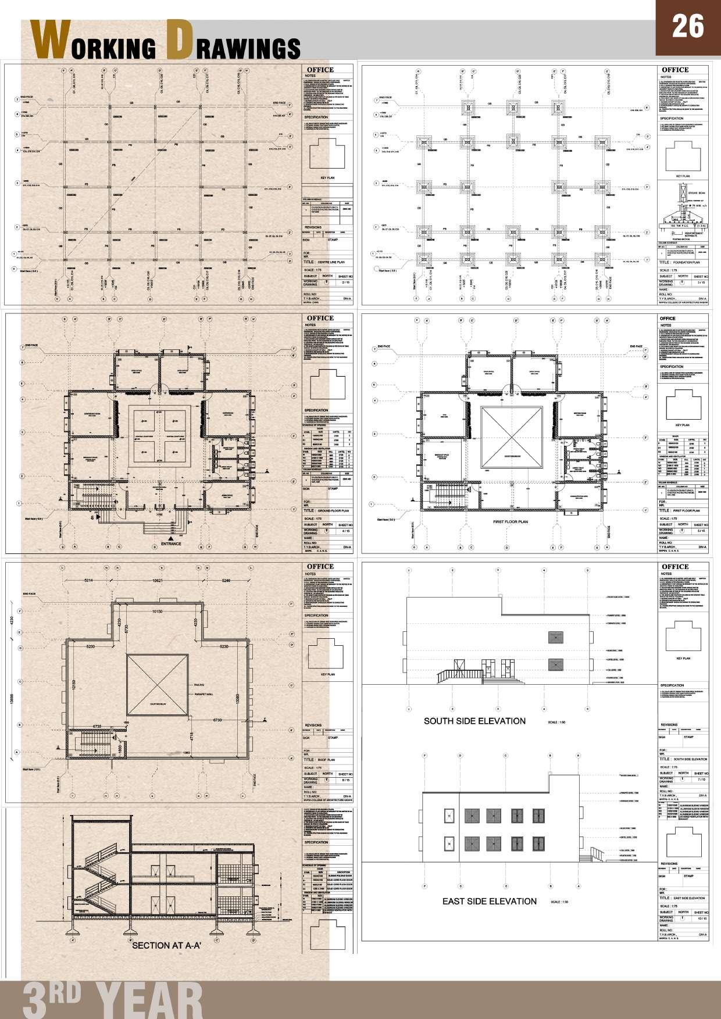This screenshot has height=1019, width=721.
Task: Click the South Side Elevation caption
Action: coord(474,721)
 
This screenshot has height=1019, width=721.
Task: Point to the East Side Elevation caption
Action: coord(489,901)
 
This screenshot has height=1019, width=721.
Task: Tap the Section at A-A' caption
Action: coord(167,946)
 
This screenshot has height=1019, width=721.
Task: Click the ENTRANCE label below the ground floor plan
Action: coord(171,544)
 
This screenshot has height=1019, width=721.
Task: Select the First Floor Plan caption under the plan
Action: coord(510,522)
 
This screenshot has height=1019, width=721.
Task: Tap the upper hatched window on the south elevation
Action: coord(556,637)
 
